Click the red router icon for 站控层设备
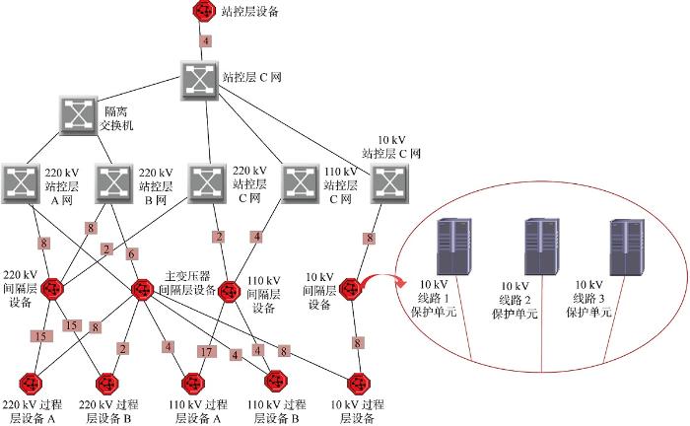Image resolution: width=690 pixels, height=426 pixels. (x=205, y=12)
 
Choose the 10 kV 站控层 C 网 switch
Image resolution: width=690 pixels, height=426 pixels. (x=388, y=181)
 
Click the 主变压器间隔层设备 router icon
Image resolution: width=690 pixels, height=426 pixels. (x=142, y=291)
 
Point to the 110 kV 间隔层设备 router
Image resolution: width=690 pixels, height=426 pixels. (x=230, y=292)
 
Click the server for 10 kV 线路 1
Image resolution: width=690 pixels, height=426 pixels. (x=451, y=246)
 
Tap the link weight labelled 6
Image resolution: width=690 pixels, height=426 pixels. (x=133, y=253)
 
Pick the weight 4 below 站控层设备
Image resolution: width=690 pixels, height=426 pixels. (x=205, y=41)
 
